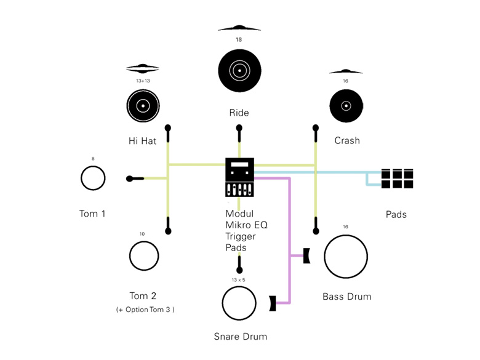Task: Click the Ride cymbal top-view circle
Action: coord(239,71)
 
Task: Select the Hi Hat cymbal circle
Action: coord(143,106)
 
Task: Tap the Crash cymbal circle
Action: coord(346,106)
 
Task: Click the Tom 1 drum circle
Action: coord(93,178)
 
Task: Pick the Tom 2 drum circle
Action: coord(143,255)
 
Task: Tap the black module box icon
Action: coord(239,177)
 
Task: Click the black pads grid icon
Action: coord(397,178)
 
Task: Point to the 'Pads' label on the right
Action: coord(396,214)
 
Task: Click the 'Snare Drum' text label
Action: coord(240,336)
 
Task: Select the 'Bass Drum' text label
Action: coord(346,297)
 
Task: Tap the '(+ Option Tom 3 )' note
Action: coord(145,310)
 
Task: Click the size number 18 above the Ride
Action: coord(239,39)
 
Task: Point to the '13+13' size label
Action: coord(143,81)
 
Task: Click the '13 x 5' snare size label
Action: coord(238,280)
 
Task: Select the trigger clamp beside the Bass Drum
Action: coord(306,255)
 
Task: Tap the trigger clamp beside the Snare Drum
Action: coord(272,303)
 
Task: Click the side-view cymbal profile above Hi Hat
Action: coord(143,68)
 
